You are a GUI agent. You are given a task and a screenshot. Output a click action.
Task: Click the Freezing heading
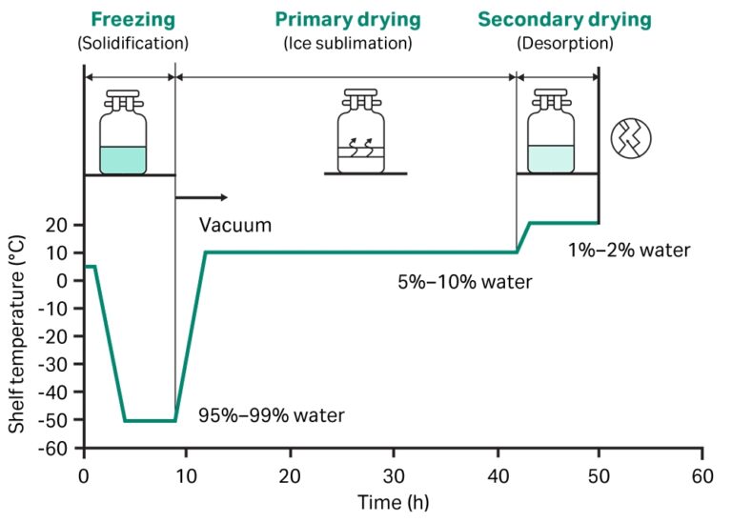(132, 19)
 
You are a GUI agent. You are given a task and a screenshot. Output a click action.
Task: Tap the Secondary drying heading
(564, 19)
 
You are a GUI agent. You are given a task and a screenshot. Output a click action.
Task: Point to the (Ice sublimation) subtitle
(347, 43)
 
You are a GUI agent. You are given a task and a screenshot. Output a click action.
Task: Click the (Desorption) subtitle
(564, 43)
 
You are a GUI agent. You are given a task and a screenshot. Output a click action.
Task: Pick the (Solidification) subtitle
(132, 43)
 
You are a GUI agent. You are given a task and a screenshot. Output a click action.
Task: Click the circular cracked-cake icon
(631, 139)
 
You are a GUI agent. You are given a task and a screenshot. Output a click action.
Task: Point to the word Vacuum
(235, 226)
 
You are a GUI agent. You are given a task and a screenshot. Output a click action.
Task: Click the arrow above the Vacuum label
(202, 197)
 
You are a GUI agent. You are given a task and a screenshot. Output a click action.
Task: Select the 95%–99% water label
(271, 415)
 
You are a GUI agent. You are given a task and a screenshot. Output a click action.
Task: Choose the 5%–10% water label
(464, 282)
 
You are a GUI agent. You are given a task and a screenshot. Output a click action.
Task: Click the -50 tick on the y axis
(60, 420)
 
